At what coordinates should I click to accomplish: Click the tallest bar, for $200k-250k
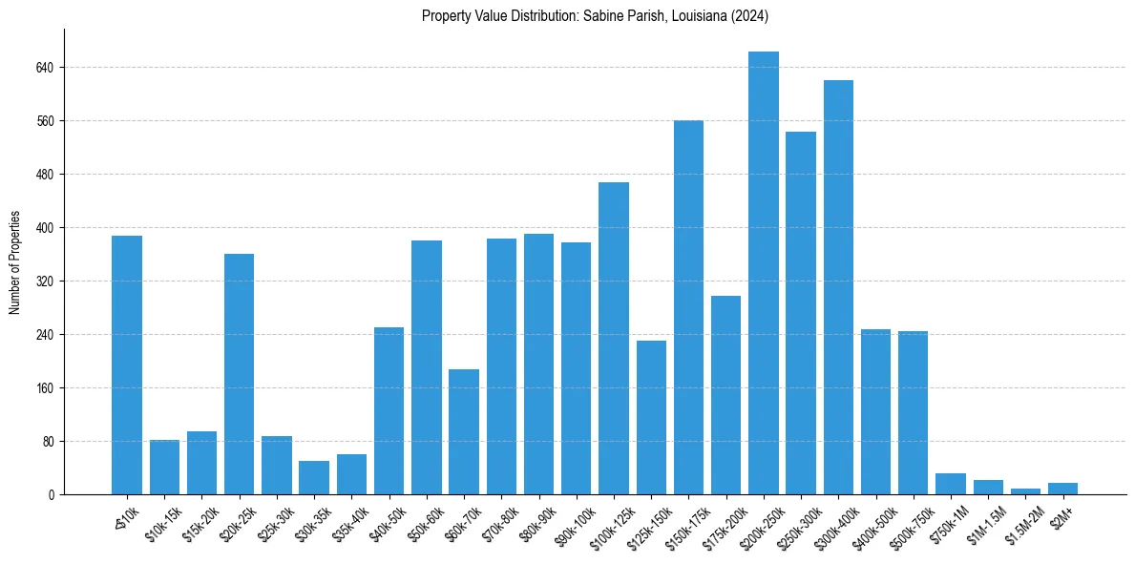(x=763, y=273)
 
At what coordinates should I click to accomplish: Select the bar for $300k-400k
(x=838, y=287)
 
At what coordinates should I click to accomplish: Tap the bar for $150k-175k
(x=688, y=307)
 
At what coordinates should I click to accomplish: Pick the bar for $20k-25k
(x=239, y=374)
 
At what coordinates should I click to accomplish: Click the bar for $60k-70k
(x=464, y=431)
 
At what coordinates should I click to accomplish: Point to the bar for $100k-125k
(x=614, y=338)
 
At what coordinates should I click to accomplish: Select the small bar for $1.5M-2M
(x=1025, y=491)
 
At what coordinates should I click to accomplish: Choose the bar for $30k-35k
(x=314, y=478)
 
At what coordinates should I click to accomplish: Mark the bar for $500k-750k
(x=913, y=412)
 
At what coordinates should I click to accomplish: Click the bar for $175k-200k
(x=725, y=395)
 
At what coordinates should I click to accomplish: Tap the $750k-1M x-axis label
(x=950, y=523)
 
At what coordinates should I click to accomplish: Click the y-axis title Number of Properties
(x=15, y=261)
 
